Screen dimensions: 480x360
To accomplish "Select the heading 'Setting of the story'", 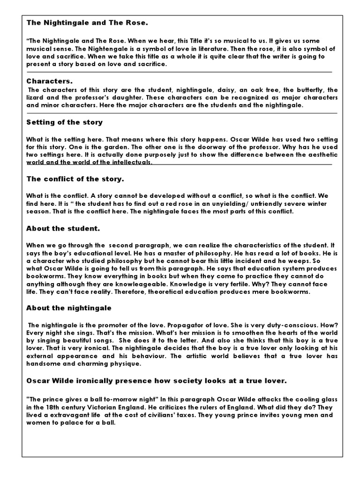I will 64,122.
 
